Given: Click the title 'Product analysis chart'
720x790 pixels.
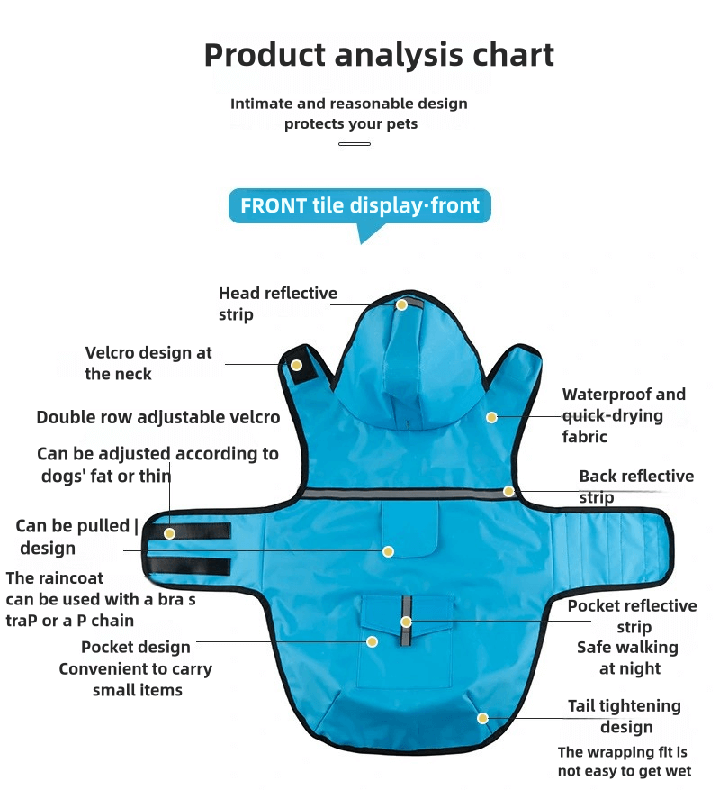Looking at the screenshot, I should (x=379, y=55).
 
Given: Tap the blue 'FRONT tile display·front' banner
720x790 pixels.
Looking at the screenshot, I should (x=359, y=205).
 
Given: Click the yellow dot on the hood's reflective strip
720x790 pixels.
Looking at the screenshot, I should (x=402, y=304).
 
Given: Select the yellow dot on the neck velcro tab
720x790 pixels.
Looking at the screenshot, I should (x=296, y=365).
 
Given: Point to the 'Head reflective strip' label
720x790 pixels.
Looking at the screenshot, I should (x=277, y=304).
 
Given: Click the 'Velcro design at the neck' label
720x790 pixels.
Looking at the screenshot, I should (x=148, y=363).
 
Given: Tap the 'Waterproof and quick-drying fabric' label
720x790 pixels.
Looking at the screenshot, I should (x=623, y=415).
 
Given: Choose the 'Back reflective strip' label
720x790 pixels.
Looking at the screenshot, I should (x=635, y=486).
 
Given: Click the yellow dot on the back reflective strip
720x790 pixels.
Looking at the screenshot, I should (x=508, y=491).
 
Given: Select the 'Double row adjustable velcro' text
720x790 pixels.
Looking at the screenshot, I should (x=157, y=417).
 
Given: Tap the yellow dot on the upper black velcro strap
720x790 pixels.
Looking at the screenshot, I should (x=169, y=533).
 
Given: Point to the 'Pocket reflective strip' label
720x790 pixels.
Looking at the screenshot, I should (x=632, y=616).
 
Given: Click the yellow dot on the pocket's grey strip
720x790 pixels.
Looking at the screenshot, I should (x=406, y=622).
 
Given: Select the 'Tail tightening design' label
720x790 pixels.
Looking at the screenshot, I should (x=624, y=716).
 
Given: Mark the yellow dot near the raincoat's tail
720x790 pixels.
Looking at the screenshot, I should (x=482, y=718).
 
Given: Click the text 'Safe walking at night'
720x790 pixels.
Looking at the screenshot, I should (x=627, y=658).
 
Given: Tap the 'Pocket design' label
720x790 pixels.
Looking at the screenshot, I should (x=136, y=647).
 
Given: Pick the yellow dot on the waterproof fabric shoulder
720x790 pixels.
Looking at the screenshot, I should (x=491, y=417).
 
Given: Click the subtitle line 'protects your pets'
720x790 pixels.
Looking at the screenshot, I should (x=351, y=123).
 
